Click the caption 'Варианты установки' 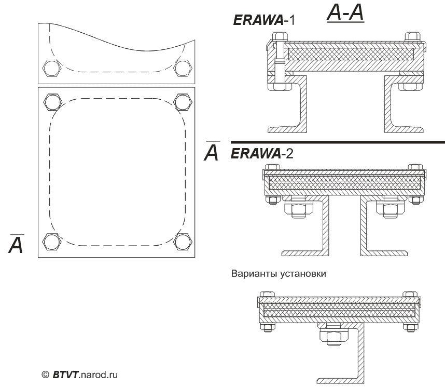[279, 274]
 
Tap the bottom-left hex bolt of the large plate [52, 241]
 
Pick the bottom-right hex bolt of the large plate [182, 241]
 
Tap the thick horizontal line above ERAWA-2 [337, 142]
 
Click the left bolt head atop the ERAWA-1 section [278, 36]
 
